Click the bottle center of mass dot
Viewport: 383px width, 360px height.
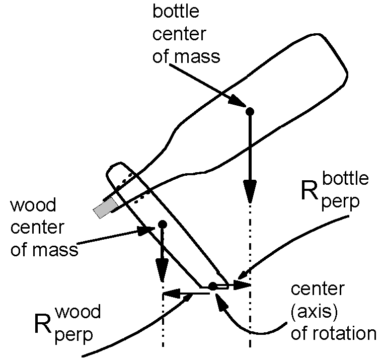pyautogui.click(x=249, y=111)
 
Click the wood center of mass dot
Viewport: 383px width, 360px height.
pyautogui.click(x=162, y=224)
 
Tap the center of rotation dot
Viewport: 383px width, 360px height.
pyautogui.click(x=212, y=286)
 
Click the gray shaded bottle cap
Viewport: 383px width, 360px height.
pyautogui.click(x=104, y=207)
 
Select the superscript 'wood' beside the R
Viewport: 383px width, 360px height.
pyautogui.click(x=78, y=312)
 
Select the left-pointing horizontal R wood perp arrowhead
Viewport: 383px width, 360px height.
pyautogui.click(x=171, y=294)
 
